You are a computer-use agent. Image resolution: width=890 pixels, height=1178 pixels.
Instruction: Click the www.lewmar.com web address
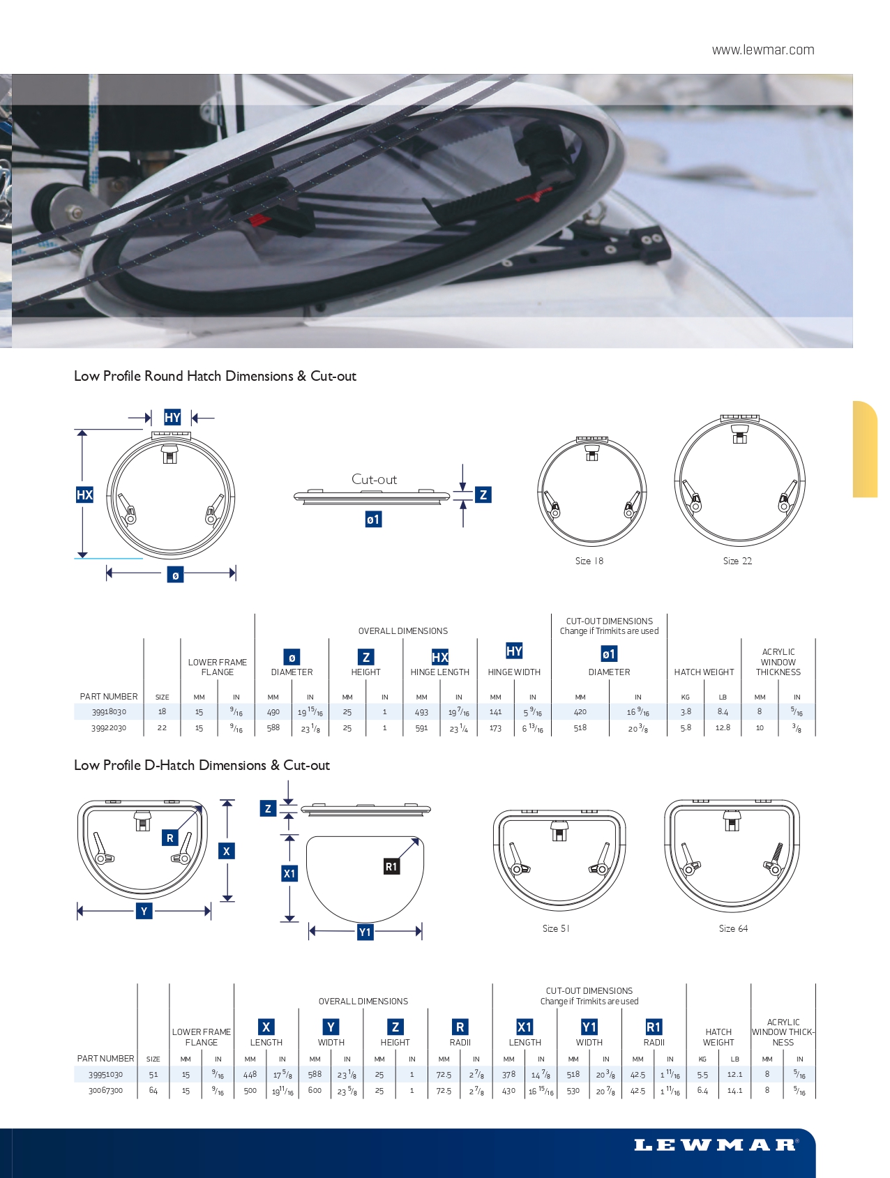763,50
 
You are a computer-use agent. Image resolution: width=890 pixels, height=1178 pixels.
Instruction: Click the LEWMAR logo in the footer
716,1145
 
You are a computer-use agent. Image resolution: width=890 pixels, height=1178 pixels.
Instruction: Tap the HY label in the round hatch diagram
172,418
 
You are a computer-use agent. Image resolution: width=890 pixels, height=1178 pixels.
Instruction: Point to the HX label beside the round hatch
84,495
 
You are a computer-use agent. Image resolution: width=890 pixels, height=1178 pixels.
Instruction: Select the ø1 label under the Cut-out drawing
373,520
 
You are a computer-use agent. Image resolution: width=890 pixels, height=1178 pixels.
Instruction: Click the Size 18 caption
589,561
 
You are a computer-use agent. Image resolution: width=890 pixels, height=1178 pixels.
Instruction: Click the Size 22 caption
737,561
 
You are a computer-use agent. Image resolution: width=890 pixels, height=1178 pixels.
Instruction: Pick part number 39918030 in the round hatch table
109,712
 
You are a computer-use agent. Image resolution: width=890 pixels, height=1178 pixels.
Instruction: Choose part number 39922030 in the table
109,728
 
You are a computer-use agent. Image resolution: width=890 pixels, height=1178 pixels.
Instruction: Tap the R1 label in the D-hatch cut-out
391,866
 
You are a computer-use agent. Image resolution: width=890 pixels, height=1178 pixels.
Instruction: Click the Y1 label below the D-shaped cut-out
365,932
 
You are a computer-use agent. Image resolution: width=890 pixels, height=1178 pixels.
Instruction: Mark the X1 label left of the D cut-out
289,873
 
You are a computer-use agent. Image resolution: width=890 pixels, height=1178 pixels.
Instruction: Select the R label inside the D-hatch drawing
169,838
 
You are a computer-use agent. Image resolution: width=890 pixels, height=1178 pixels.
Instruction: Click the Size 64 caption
733,928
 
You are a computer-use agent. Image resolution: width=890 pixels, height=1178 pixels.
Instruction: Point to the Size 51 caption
556,928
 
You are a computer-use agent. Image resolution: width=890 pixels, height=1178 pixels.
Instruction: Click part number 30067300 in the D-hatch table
105,1091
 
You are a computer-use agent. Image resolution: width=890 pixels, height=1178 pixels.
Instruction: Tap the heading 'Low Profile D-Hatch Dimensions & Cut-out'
202,765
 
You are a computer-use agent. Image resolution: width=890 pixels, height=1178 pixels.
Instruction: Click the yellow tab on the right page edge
865,449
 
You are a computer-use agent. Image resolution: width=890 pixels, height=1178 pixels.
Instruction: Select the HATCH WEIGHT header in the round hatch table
704,672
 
